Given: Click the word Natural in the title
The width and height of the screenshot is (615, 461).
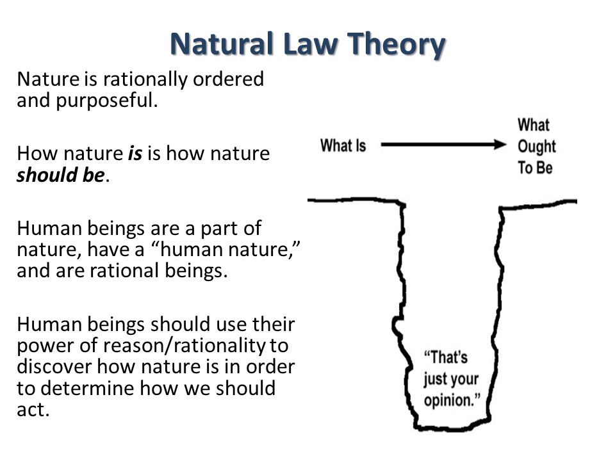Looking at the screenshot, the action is (x=222, y=44).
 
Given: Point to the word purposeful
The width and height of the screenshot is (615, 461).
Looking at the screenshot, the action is (x=106, y=101).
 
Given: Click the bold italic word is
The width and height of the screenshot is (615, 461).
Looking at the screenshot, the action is (x=135, y=153).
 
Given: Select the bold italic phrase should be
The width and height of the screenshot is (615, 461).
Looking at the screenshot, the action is (x=61, y=175).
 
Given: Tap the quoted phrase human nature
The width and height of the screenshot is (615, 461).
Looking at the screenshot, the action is (x=225, y=249).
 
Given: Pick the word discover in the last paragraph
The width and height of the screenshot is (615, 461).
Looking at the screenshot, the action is (x=54, y=367).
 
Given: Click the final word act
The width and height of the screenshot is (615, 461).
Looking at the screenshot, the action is (x=33, y=410).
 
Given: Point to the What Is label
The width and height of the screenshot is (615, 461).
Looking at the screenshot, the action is (x=343, y=145).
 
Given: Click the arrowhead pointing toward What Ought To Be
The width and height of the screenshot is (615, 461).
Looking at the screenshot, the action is (x=500, y=145).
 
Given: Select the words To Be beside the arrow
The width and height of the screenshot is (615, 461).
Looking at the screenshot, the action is (x=535, y=167).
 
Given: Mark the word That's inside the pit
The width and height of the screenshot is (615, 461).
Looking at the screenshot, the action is (x=446, y=357).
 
